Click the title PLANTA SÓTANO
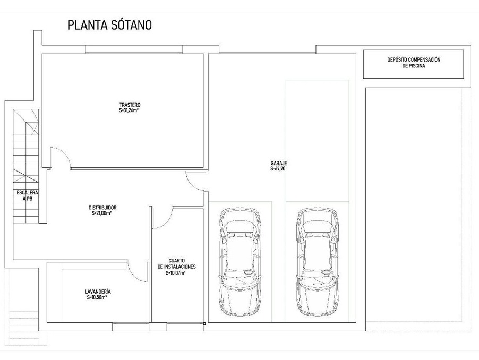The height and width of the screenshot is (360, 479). tap(109, 25)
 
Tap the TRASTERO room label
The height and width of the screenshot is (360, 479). tap(130, 105)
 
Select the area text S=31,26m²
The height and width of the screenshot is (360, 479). tap(129, 110)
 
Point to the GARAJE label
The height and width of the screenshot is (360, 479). tap(279, 163)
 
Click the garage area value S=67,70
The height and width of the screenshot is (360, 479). tap(278, 168)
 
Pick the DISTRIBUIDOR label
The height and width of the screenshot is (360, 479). tap(102, 208)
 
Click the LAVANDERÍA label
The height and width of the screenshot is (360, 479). tap(98, 292)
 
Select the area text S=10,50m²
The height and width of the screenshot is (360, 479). tap(97, 297)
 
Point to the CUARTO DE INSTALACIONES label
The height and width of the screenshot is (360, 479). tap(176, 263)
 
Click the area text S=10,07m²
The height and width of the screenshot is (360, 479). tap(176, 273)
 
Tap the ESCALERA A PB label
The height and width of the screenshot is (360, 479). tap(27, 195)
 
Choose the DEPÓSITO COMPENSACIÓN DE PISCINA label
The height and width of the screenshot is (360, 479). tap(414, 63)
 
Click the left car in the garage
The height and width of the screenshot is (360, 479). tap(240, 262)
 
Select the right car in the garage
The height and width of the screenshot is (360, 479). tap(318, 262)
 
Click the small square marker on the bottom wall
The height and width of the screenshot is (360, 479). tap(204, 324)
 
